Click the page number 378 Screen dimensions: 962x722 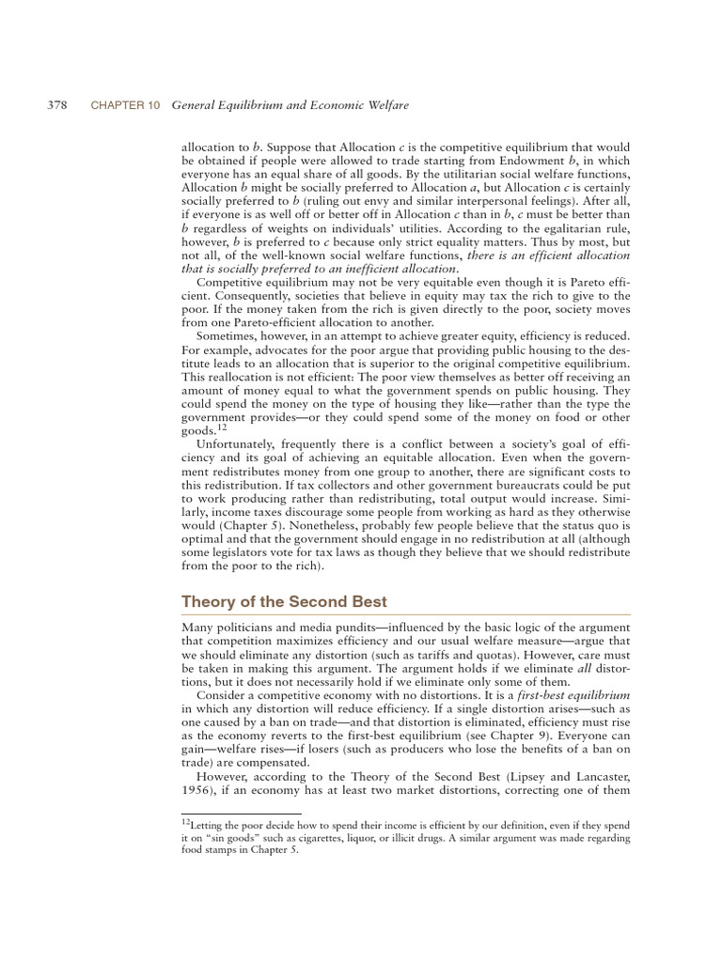point(56,106)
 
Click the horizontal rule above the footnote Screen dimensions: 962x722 point(242,815)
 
